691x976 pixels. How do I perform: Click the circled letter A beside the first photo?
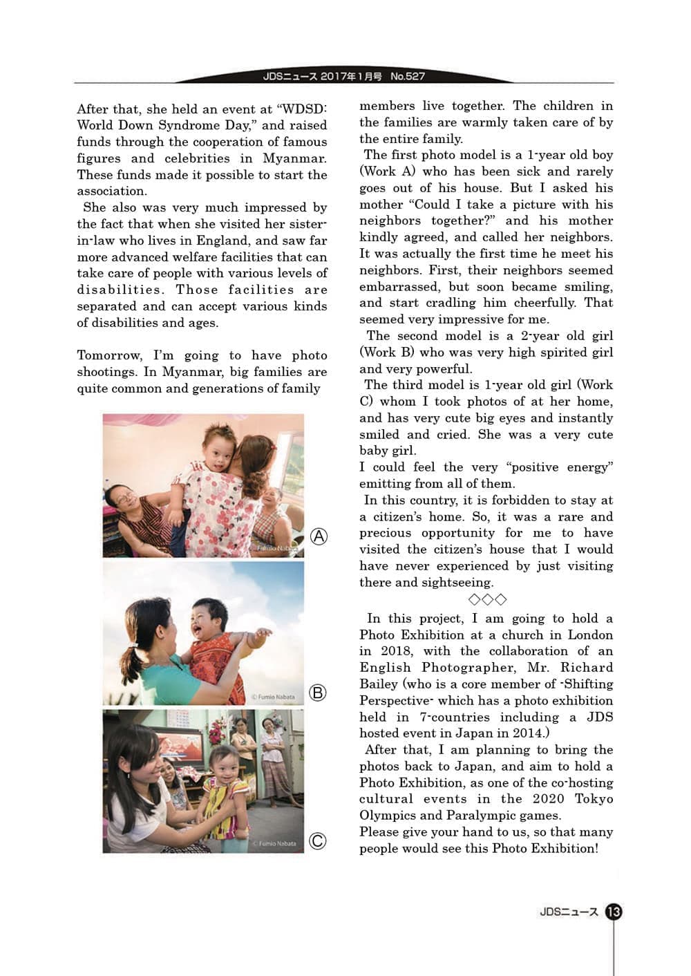pos(319,536)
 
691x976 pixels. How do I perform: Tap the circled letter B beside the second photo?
pos(317,692)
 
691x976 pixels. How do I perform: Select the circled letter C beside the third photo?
pos(317,841)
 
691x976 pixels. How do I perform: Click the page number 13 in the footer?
pos(613,912)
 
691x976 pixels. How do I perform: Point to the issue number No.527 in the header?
pos(408,76)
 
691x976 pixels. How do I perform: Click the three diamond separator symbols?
pos(487,599)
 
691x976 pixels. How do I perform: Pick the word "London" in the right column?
pos(589,635)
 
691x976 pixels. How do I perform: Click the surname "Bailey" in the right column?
pos(378,684)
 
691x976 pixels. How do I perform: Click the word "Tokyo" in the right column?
pos(594,798)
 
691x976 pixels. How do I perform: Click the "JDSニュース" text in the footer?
pos(569,912)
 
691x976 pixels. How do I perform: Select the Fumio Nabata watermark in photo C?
pos(276,843)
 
